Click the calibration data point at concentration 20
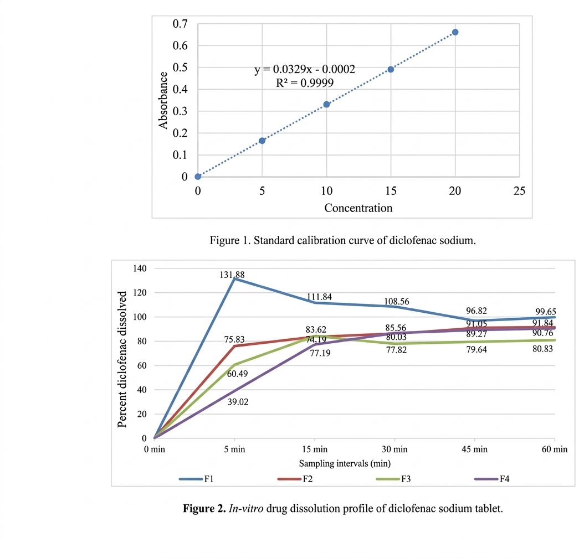coord(455,32)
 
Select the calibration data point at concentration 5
coord(262,141)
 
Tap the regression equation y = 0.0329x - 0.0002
coord(305,70)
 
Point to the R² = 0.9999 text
coord(305,83)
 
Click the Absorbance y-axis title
coord(163,100)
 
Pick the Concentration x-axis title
coord(358,208)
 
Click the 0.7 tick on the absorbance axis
coord(180,24)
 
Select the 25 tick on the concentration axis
coord(519,191)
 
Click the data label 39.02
coord(238,402)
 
